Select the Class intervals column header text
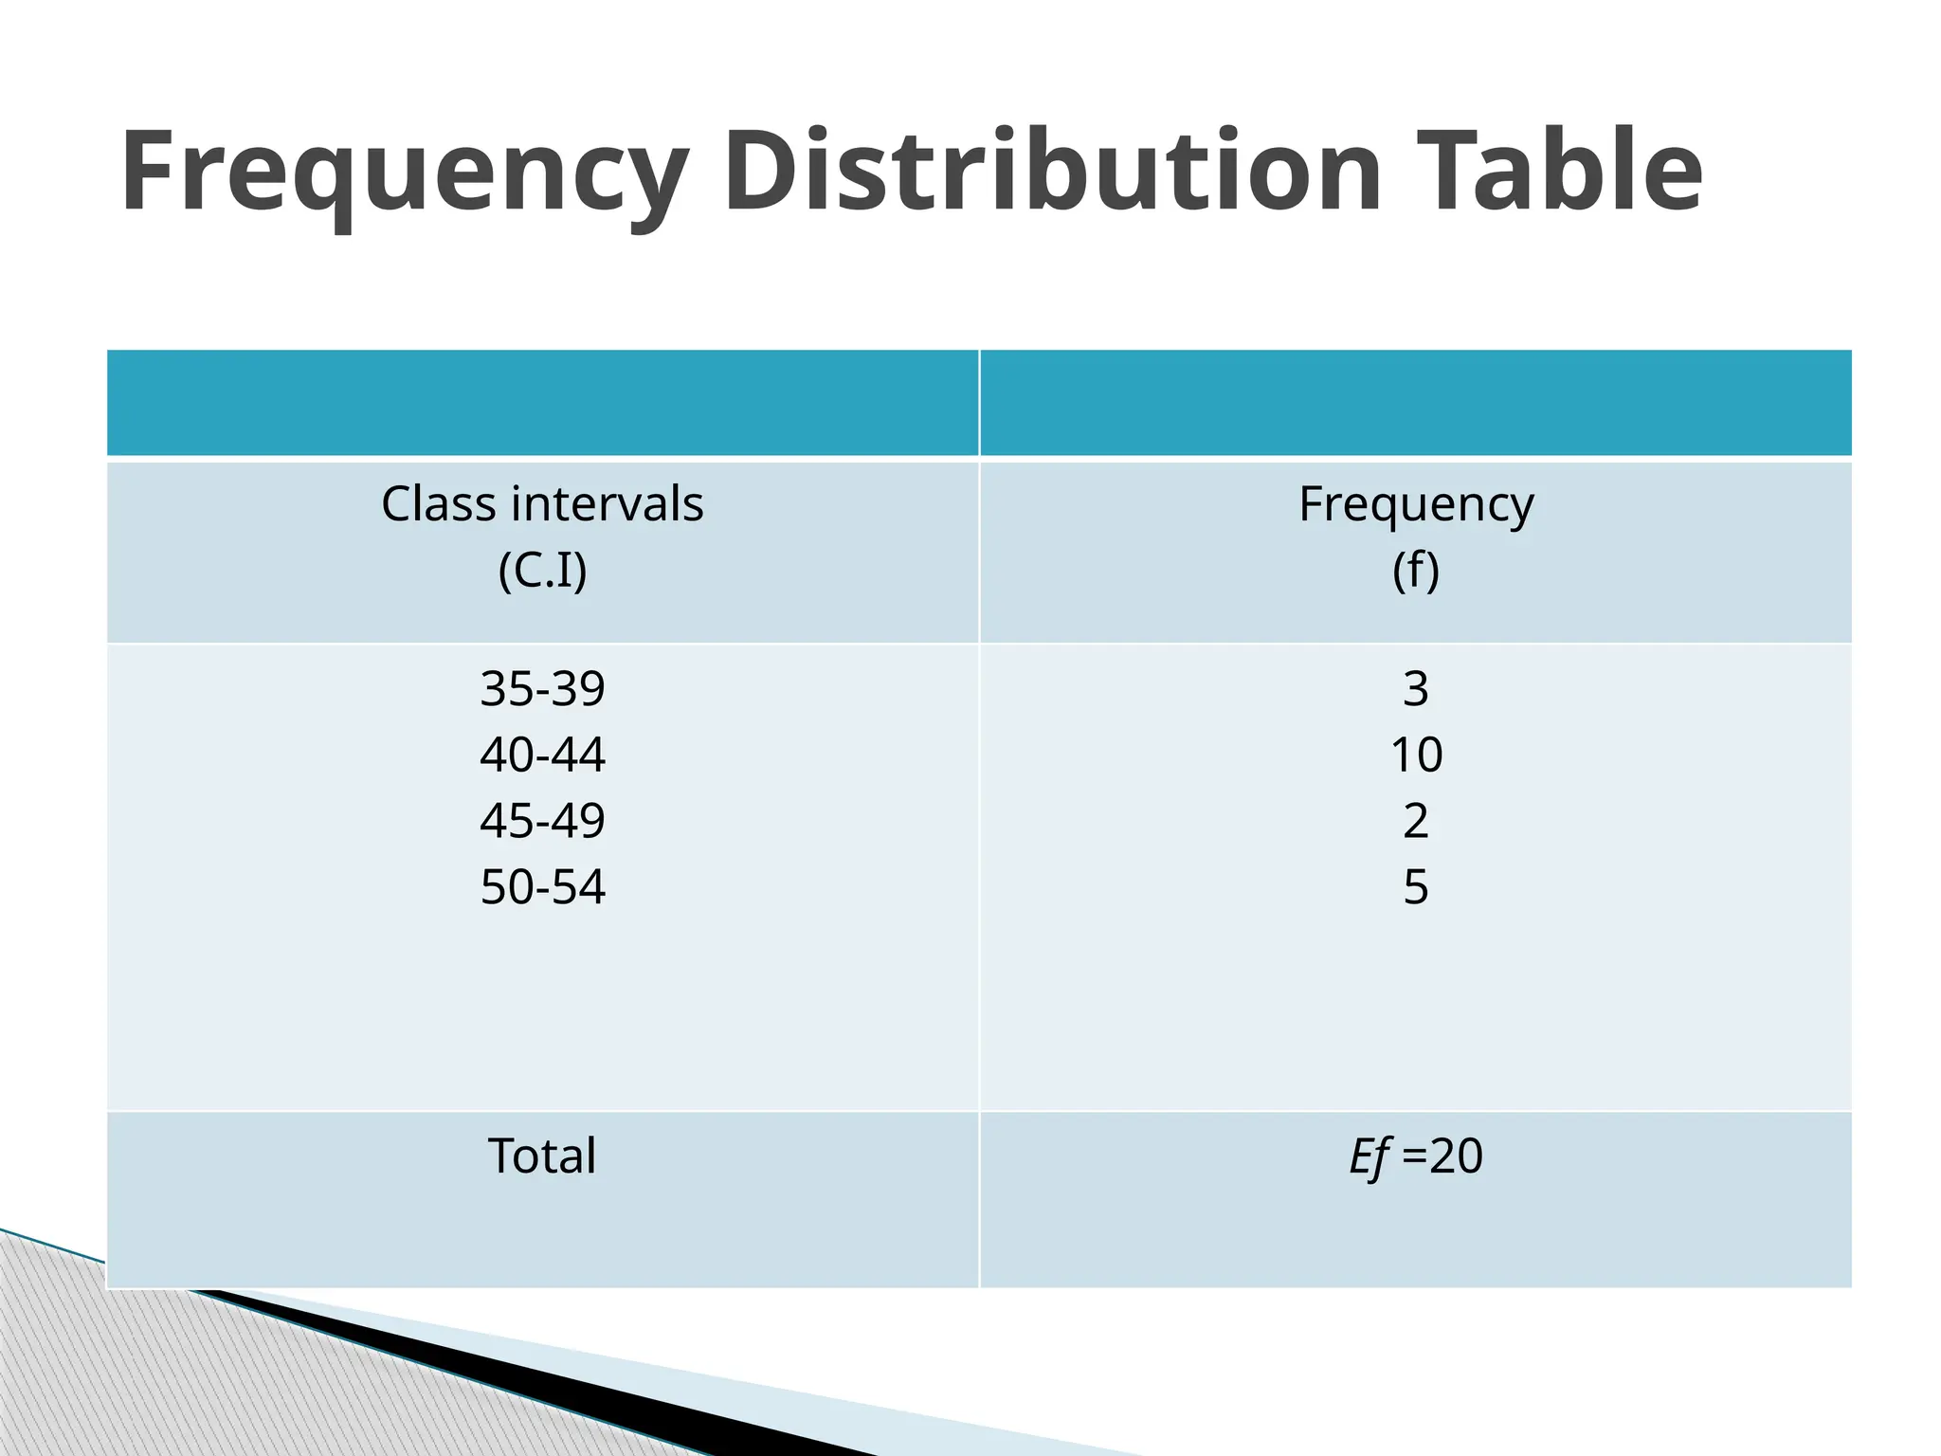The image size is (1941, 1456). pyautogui.click(x=542, y=503)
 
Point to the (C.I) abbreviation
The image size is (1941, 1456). pyautogui.click(x=542, y=571)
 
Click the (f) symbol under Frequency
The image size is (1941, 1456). pyautogui.click(x=1416, y=571)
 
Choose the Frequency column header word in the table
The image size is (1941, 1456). pyautogui.click(x=1416, y=505)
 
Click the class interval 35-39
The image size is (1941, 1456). pyautogui.click(x=542, y=688)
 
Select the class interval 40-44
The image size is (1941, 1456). pyautogui.click(x=542, y=755)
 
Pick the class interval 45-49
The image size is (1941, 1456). pyautogui.click(x=542, y=821)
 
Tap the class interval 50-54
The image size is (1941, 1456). pyautogui.click(x=542, y=887)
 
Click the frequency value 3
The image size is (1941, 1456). pyautogui.click(x=1416, y=688)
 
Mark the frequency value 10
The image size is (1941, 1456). pyautogui.click(x=1416, y=755)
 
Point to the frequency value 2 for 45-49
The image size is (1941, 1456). pyautogui.click(x=1416, y=821)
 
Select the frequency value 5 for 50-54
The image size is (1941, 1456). pyautogui.click(x=1416, y=887)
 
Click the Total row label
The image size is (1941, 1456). pyautogui.click(x=542, y=1156)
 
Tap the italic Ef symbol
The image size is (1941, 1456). pyautogui.click(x=1370, y=1157)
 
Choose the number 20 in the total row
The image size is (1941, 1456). pyautogui.click(x=1456, y=1156)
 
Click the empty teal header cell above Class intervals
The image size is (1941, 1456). pyautogui.click(x=542, y=403)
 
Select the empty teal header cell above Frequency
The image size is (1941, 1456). pyautogui.click(x=1416, y=403)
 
